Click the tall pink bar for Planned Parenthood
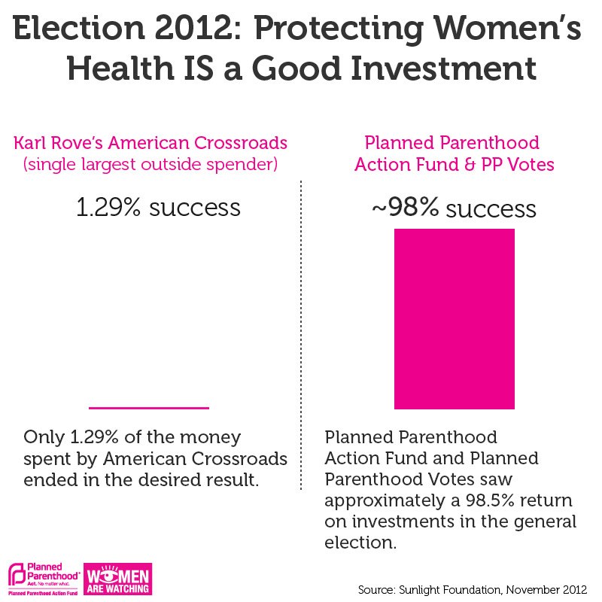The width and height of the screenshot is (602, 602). (455, 318)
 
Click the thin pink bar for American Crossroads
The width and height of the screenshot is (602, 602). (148, 407)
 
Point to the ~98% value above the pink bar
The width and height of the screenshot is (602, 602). (406, 208)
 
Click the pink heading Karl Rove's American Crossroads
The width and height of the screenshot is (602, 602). (150, 143)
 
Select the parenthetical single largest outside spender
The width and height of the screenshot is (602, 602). (150, 164)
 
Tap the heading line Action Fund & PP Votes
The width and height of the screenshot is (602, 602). (454, 164)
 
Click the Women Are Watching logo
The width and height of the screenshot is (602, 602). (119, 579)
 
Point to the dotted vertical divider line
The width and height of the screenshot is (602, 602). (301, 339)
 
